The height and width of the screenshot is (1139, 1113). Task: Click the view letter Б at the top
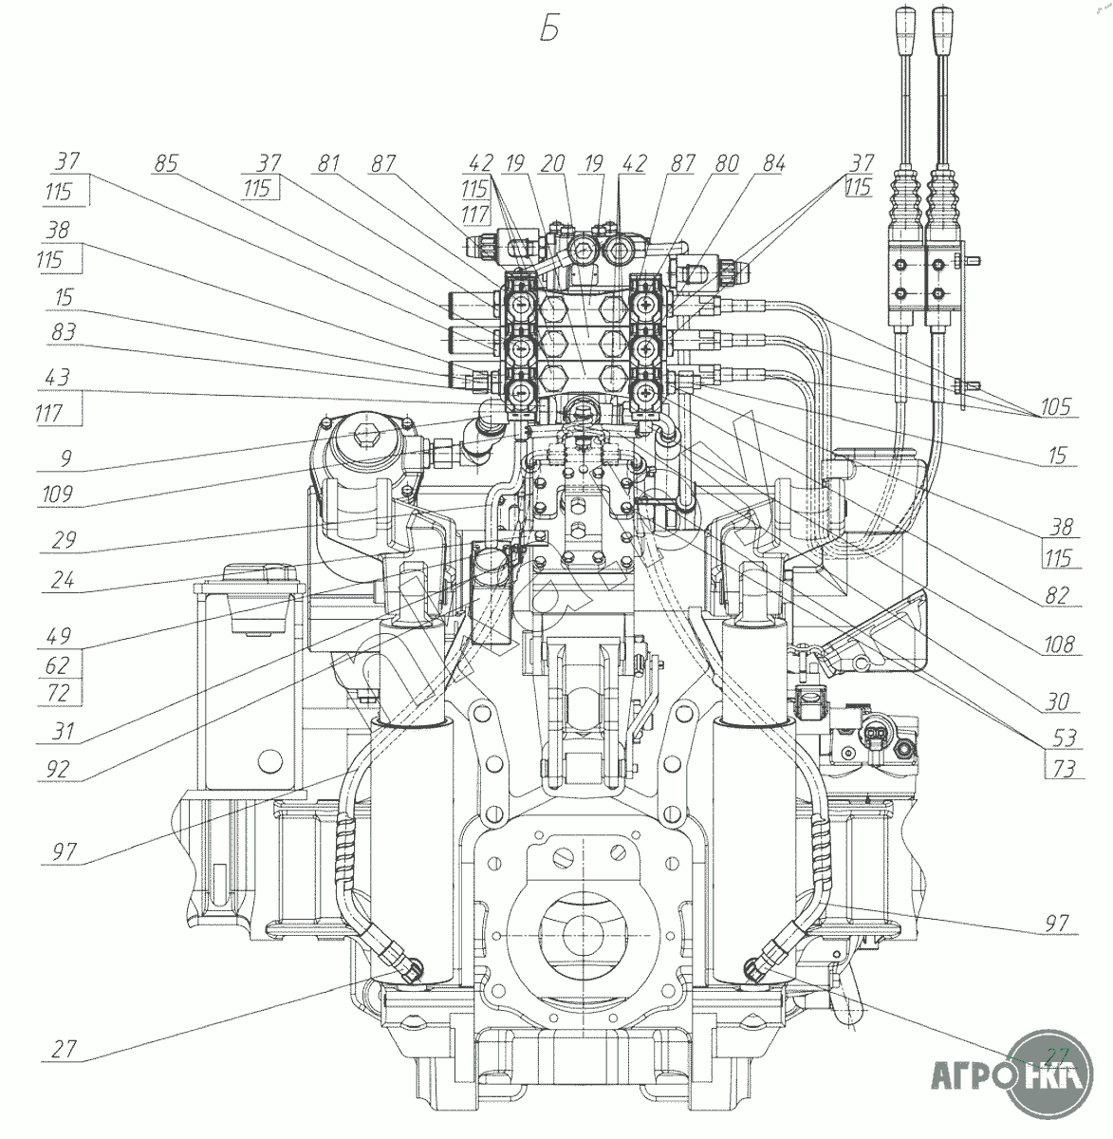pyautogui.click(x=549, y=29)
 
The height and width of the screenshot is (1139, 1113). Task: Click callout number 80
pyautogui.click(x=727, y=163)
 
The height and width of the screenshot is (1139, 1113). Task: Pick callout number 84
pyautogui.click(x=773, y=163)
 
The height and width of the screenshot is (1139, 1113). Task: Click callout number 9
pyautogui.click(x=64, y=457)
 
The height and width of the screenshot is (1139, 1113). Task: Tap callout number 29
pyautogui.click(x=64, y=540)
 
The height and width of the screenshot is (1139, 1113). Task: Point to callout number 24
pyautogui.click(x=64, y=581)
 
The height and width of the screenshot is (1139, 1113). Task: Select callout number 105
pyautogui.click(x=1051, y=408)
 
